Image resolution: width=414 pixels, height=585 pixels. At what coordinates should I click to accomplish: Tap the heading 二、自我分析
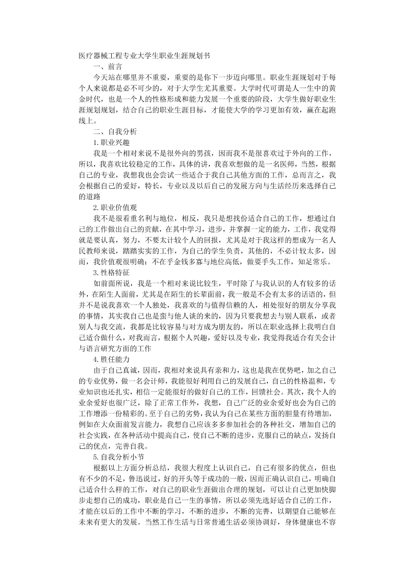[x=115, y=131]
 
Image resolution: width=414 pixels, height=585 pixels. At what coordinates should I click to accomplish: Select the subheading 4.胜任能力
[x=111, y=360]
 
